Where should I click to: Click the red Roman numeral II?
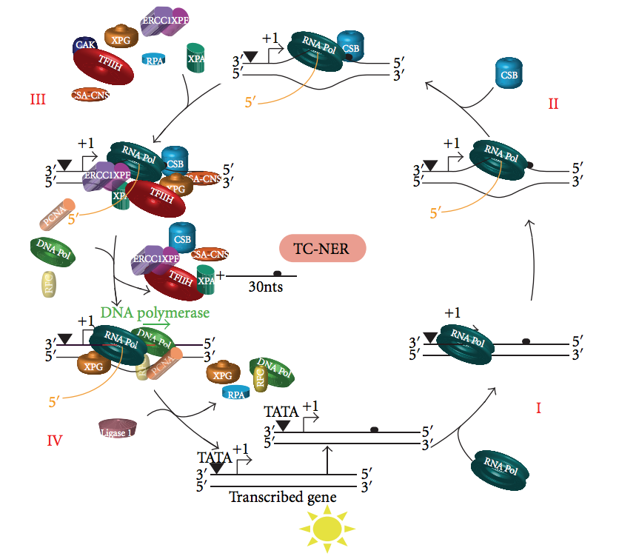click(x=553, y=104)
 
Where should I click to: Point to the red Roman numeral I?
click(x=538, y=408)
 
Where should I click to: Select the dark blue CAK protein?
click(x=84, y=46)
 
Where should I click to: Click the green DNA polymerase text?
click(x=155, y=312)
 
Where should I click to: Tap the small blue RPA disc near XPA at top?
click(x=155, y=61)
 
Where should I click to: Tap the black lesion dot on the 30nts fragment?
click(x=278, y=273)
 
